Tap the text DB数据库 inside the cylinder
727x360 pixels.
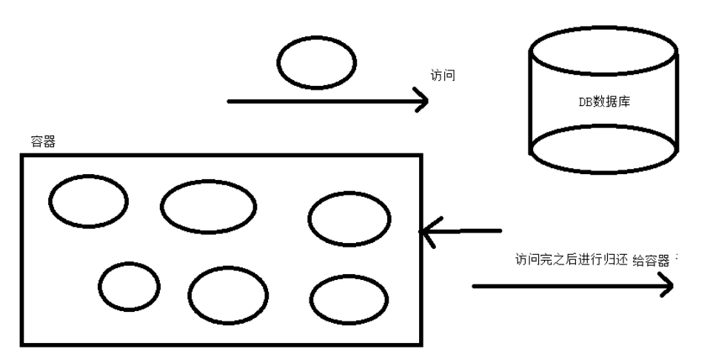[604, 101]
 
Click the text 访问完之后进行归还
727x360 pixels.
[571, 260]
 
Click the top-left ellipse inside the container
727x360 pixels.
[88, 199]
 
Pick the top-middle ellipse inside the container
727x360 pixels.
[208, 207]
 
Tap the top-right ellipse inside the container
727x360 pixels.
[349, 219]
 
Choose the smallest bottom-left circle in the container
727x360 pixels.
[130, 287]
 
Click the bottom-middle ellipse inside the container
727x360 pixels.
[227, 295]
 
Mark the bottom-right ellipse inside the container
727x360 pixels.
[349, 299]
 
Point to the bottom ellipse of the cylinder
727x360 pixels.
[603, 150]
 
